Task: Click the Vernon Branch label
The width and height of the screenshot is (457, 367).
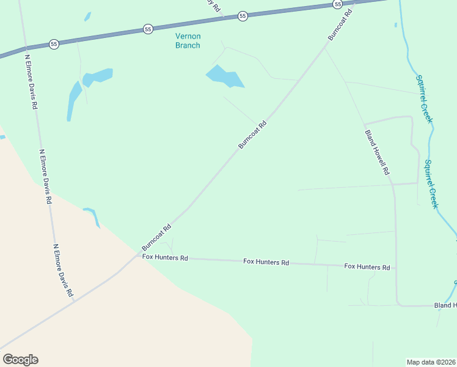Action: pos(188,40)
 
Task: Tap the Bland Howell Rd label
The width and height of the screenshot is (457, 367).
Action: pos(377,152)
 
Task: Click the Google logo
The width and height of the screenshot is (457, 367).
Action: pos(20,360)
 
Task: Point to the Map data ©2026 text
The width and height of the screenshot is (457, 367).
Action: pos(431,362)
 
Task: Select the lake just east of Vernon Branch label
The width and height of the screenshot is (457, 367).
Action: pos(225,78)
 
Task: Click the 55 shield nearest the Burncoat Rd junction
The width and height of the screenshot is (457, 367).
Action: pos(337,4)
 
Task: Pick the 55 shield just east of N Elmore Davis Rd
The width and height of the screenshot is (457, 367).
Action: pos(54,45)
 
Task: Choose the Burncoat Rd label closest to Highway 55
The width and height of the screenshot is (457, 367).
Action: pos(340,24)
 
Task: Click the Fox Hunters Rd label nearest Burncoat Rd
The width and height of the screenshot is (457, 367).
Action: pos(165,258)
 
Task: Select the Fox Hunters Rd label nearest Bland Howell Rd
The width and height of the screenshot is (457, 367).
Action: pos(367,267)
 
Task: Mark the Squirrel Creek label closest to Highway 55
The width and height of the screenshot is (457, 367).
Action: pos(423,98)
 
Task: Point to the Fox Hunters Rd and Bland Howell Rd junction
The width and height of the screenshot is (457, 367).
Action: pos(395,268)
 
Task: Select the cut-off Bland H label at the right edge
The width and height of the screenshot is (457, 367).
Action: pos(445,305)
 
